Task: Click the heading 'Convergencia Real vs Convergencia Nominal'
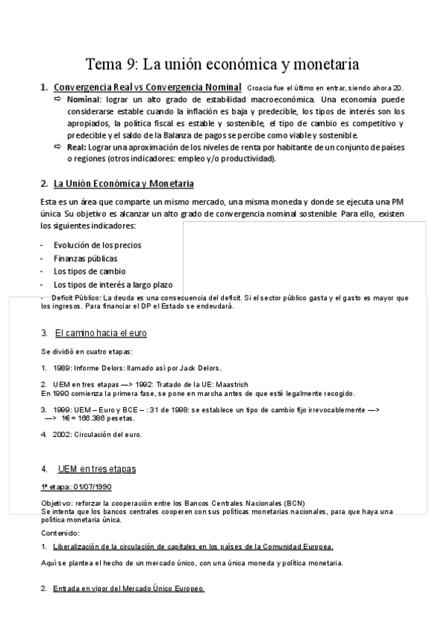(x=148, y=88)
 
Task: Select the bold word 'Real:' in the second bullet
(x=76, y=148)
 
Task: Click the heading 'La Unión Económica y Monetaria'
(x=124, y=183)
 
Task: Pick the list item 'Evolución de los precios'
(x=97, y=246)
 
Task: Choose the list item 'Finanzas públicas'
(x=85, y=259)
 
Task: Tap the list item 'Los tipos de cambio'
(x=89, y=271)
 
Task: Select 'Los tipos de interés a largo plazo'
(x=113, y=285)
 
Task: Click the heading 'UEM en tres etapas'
(x=96, y=470)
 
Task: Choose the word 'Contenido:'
(x=60, y=533)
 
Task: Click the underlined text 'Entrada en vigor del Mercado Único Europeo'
(x=128, y=589)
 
